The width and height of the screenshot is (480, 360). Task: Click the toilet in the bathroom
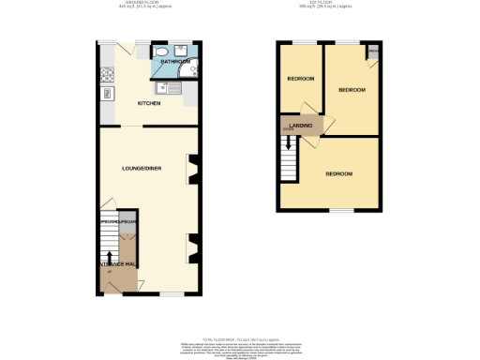coord(162,52)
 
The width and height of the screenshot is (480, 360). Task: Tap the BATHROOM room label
coord(176,62)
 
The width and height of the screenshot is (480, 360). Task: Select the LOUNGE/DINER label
coord(142,168)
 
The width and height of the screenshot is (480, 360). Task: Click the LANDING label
coord(300,125)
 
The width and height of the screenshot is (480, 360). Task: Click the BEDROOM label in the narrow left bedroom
coord(300,79)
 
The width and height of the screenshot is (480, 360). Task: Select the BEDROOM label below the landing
coord(339,174)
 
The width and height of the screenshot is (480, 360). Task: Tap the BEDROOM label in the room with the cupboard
coord(352,90)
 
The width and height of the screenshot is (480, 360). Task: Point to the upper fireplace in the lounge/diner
coord(193,172)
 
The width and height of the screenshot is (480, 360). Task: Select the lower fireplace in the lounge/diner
coord(193,248)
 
